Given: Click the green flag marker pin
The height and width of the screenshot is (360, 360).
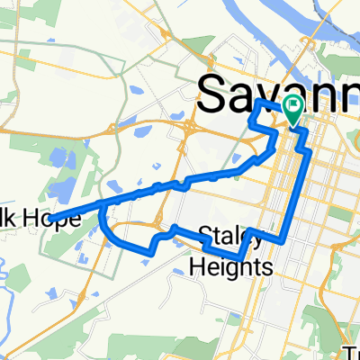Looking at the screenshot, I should [x=293, y=110].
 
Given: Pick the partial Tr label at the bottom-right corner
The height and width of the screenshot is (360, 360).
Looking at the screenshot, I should [x=349, y=353].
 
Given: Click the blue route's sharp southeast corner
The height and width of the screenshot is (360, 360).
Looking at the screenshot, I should [x=285, y=240].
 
